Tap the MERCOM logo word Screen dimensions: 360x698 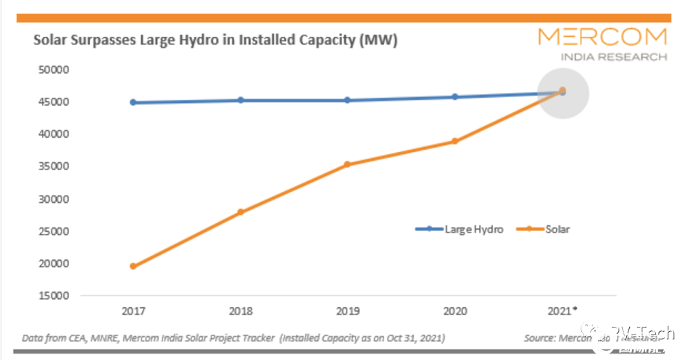coord(603,37)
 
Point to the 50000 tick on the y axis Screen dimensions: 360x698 coord(52,70)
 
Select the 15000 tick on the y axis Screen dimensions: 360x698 coord(52,296)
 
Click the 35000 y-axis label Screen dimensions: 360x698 coord(52,167)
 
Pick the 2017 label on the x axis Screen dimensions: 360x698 coord(133,311)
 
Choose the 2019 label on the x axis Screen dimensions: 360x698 coord(347,311)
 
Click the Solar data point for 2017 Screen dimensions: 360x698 coord(133,267)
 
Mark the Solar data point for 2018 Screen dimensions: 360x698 coord(241,212)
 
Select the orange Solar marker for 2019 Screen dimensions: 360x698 coord(347,164)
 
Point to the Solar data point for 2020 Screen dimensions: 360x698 coord(454,141)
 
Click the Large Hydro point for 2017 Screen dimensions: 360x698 coord(133,102)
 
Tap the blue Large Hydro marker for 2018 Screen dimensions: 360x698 coord(241,100)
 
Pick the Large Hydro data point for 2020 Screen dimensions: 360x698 coord(454,96)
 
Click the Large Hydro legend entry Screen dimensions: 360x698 coord(460,229)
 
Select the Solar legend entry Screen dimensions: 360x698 coord(543,229)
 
